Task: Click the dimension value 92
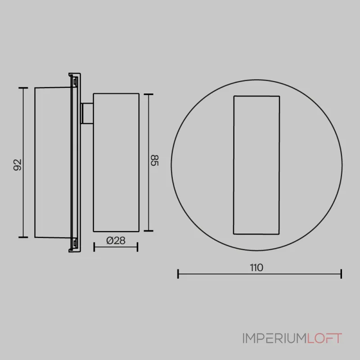tap(18, 165)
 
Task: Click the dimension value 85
tap(154, 160)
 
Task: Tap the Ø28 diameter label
tap(116, 241)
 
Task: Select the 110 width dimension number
tap(256, 268)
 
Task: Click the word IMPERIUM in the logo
tap(274, 338)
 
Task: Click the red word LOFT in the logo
tap(324, 338)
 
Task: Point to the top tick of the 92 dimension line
tap(23, 88)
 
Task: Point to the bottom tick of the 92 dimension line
tap(23, 237)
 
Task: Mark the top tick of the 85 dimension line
tap(148, 94)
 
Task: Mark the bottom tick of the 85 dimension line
tap(148, 231)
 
